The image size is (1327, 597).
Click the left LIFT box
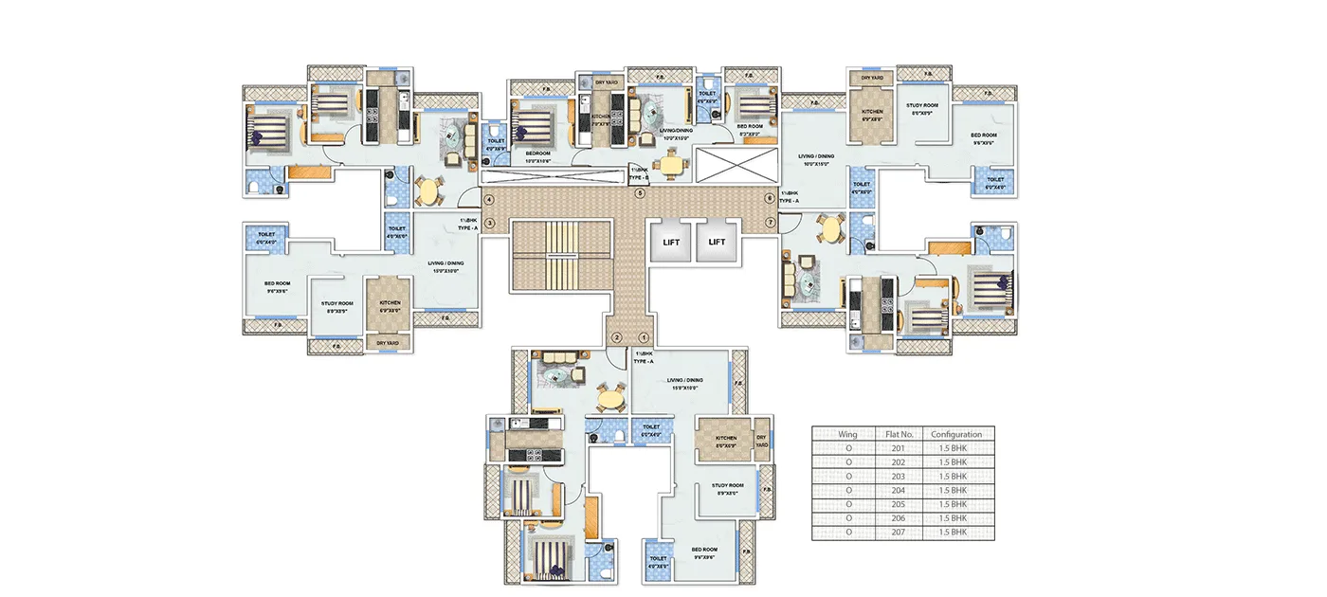671,242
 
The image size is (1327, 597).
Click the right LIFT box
717,242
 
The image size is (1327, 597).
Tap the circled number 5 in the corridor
640,194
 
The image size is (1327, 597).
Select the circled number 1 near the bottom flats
643,337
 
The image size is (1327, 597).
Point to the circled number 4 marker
490,200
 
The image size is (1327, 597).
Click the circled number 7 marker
770,223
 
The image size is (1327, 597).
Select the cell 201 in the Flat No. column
898,448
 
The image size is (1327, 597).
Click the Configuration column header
956,434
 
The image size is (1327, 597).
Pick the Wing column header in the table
847,434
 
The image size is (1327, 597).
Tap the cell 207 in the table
898,533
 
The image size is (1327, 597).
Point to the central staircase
559,256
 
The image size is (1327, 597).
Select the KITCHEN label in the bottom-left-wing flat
390,305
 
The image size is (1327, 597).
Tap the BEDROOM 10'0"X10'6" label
536,156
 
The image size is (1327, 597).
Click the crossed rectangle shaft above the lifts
733,163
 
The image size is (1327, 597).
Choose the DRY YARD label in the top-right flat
871,79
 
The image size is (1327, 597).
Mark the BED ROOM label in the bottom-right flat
703,552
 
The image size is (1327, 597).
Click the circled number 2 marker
616,337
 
